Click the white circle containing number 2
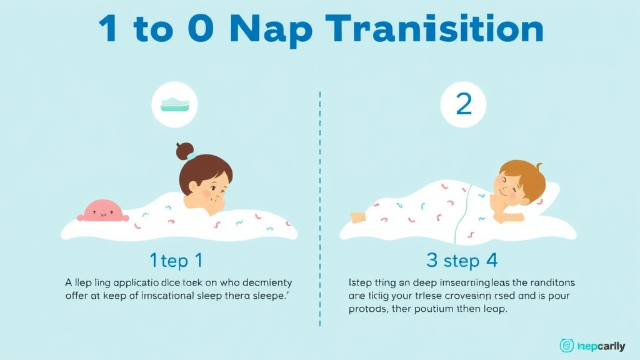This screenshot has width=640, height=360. point(464,104)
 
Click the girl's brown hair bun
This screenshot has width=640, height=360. point(184,151)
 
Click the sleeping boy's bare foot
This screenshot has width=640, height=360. point(357,217)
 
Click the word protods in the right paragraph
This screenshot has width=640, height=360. point(368,309)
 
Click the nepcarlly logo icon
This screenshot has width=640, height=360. point(566,345)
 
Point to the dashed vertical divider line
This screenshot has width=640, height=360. point(320,206)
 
